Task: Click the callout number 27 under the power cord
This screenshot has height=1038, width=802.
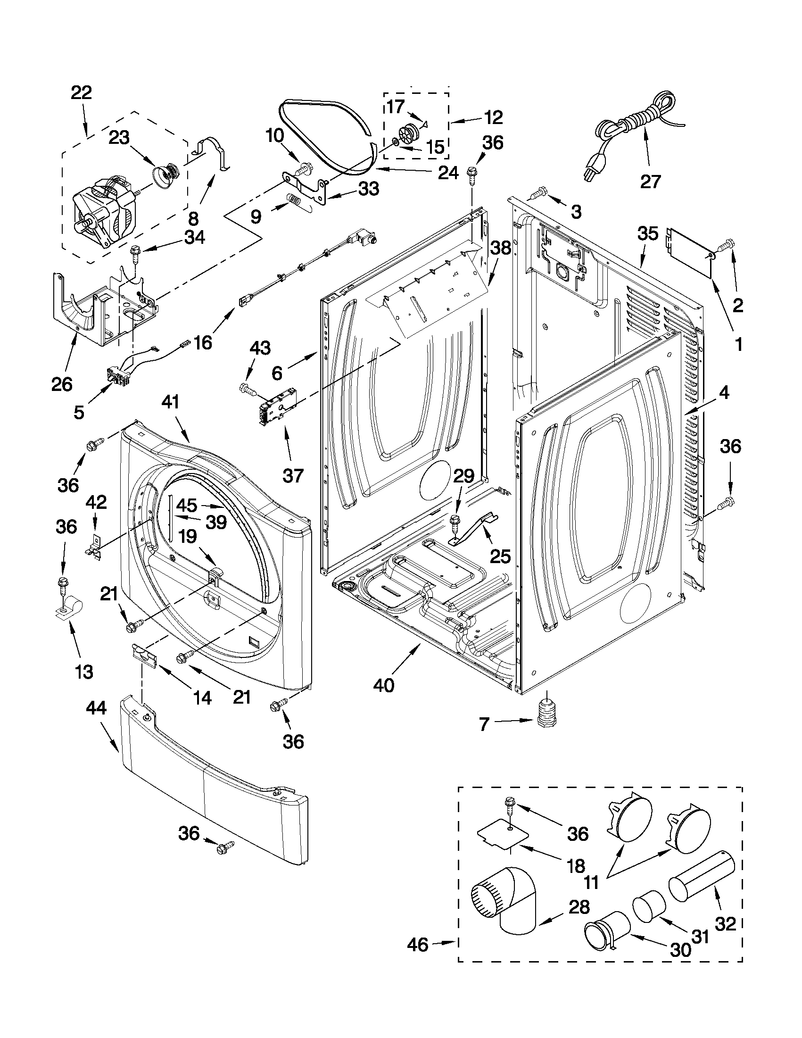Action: click(x=651, y=181)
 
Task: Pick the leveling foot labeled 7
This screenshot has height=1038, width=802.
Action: click(x=546, y=726)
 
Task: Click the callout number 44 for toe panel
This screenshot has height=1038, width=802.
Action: click(x=96, y=722)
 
